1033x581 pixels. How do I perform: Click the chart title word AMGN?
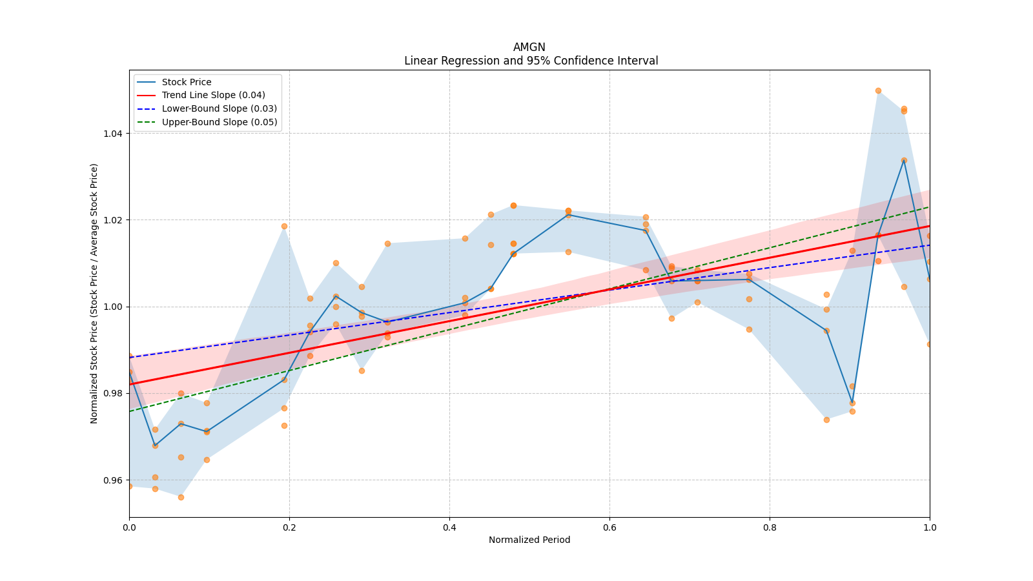[529, 47]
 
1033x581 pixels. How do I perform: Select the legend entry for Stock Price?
[186, 82]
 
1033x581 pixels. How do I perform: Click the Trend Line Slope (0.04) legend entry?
[213, 95]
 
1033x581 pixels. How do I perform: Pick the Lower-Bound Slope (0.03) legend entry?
[219, 108]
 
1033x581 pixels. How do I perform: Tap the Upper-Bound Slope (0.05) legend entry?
[220, 122]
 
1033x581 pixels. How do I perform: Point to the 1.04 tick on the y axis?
[114, 134]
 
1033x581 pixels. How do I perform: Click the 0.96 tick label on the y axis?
[114, 480]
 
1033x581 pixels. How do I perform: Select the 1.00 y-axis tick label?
[114, 307]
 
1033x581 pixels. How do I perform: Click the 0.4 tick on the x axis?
[449, 527]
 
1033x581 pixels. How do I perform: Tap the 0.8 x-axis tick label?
[770, 527]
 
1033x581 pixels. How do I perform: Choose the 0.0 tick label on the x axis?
[129, 527]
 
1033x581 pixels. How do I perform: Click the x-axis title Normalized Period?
[529, 540]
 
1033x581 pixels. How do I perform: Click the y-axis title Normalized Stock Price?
[94, 293]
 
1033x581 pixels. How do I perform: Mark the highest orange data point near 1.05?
[878, 90]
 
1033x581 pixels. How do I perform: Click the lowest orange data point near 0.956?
[181, 497]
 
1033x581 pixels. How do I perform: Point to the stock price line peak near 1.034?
[904, 160]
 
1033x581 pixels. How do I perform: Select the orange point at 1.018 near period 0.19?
[284, 226]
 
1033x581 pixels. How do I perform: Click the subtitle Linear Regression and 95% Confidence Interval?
[531, 61]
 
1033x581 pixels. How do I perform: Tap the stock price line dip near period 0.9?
[852, 403]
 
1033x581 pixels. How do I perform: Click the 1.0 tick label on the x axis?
[930, 527]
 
